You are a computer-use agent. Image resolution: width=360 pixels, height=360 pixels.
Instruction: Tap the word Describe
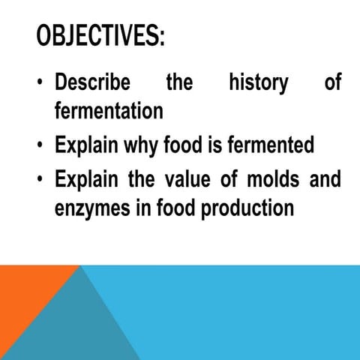tap(92, 83)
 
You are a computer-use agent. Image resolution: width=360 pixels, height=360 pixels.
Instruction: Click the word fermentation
tap(109, 111)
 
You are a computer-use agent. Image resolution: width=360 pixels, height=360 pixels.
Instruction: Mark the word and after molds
tap(324, 180)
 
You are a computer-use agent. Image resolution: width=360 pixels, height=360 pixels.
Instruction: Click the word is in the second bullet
tap(214, 145)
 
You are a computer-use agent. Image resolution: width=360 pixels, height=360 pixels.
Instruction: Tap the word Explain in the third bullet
tap(85, 181)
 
